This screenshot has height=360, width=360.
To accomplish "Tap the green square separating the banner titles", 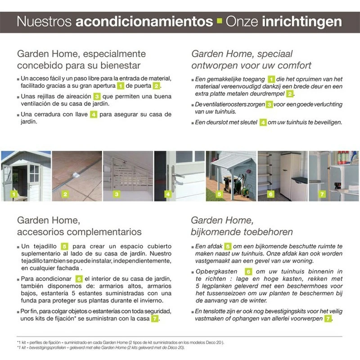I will click(219, 22).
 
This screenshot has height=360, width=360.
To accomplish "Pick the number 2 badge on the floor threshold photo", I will click(66, 194).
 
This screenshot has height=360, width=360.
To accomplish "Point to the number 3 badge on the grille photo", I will click(117, 194).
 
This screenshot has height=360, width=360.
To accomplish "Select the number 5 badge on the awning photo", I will click(219, 194).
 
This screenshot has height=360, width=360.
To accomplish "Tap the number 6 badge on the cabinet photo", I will click(271, 194).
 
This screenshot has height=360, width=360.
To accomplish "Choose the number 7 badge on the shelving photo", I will click(322, 194).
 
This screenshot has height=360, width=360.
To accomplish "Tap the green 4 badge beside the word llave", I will click(94, 114).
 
